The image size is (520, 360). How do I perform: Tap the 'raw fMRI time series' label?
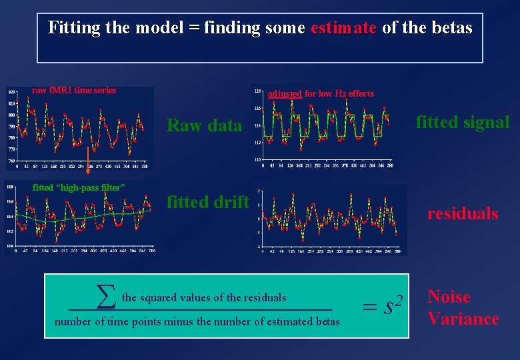coord(74,91)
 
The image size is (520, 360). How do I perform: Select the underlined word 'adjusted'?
coord(285,94)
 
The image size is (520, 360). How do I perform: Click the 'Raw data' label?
coord(204,125)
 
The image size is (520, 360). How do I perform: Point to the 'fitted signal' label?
coord(463,122)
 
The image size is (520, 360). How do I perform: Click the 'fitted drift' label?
coord(207,202)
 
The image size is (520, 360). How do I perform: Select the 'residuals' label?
coord(463,213)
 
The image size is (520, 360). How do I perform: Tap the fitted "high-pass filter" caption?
coord(79,187)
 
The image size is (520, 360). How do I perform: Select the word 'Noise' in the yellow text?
coord(449,297)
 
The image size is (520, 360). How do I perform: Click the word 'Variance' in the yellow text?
coord(463,319)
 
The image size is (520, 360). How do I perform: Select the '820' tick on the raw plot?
coord(11,91)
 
